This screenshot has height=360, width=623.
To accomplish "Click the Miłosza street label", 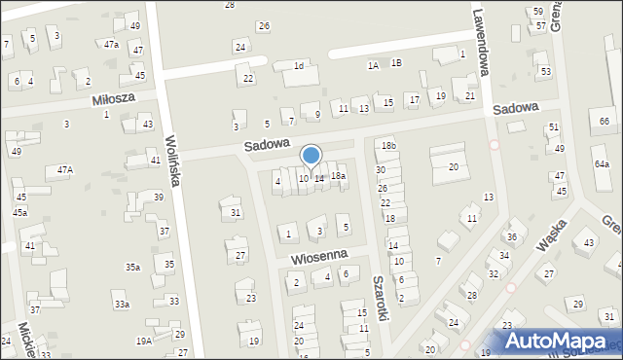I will (x=112, y=99).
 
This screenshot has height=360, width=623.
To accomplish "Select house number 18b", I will (x=388, y=146).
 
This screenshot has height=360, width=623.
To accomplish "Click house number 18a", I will (x=338, y=176).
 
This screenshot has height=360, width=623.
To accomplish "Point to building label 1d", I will (x=300, y=66).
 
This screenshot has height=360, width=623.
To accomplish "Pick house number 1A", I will (x=373, y=65).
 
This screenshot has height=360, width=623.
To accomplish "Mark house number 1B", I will (x=396, y=63).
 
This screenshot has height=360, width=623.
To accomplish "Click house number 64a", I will (x=602, y=165).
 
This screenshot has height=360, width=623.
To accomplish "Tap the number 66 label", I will (x=605, y=121).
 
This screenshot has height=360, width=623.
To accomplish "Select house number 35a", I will (x=132, y=267).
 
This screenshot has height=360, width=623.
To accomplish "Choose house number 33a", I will (x=122, y=305).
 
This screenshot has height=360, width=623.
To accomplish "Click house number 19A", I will (x=143, y=342).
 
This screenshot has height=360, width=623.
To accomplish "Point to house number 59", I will (x=538, y=12).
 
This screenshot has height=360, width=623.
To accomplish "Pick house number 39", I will (x=158, y=198).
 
